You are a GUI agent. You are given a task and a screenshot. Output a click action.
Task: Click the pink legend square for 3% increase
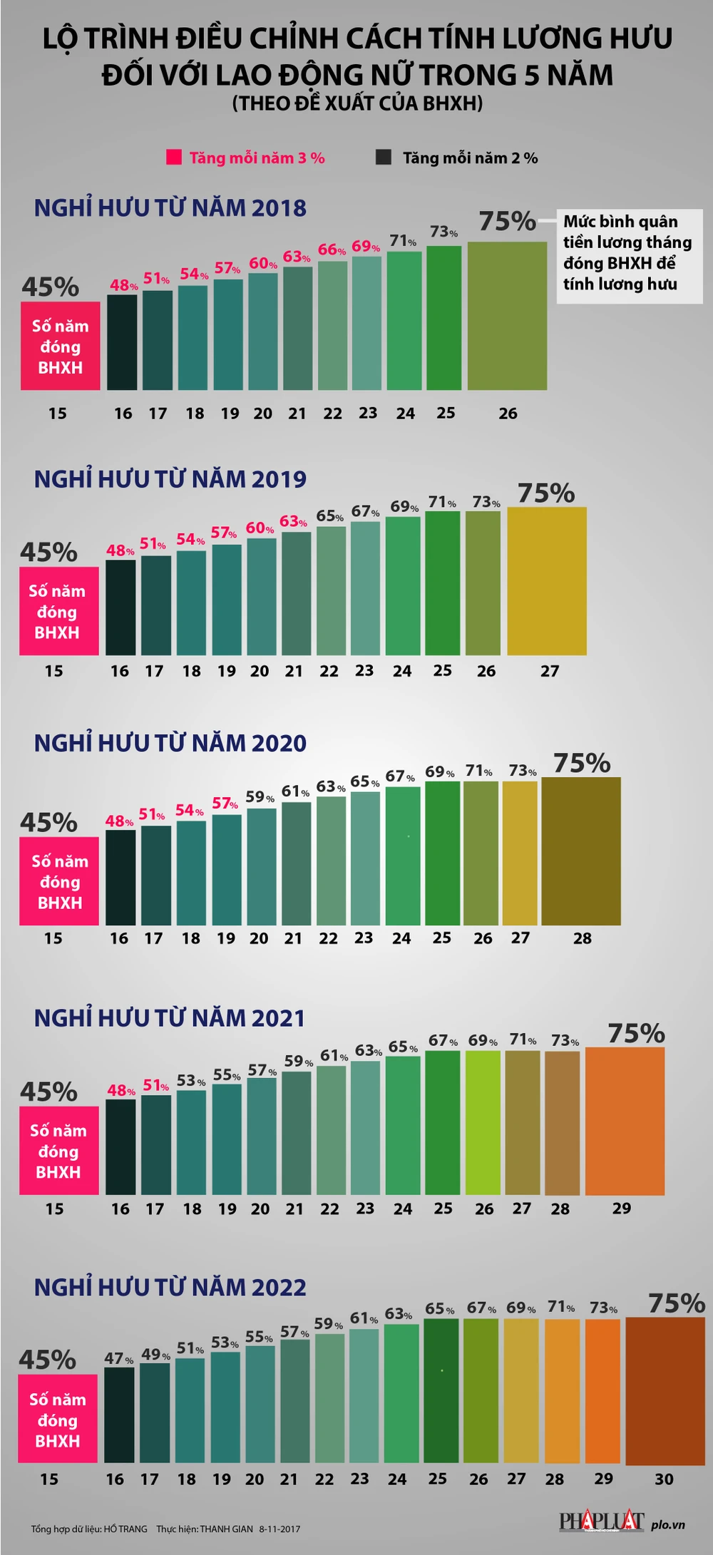point(173,157)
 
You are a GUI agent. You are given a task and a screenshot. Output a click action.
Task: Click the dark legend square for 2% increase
point(384,157)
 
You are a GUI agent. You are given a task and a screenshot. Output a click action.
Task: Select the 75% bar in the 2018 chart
point(507,316)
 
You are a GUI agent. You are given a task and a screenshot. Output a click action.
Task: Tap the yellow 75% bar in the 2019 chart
point(547,581)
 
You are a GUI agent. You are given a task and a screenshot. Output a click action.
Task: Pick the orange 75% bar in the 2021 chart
point(625,1121)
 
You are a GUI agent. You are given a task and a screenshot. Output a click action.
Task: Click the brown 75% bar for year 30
point(665,1390)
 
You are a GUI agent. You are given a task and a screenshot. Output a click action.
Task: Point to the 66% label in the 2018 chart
point(332,250)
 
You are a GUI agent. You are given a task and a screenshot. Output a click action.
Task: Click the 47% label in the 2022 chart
point(118,1358)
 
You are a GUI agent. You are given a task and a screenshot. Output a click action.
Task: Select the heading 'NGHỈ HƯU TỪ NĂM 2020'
point(170,743)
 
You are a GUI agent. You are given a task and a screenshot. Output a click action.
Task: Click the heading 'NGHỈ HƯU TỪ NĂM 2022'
point(170,1287)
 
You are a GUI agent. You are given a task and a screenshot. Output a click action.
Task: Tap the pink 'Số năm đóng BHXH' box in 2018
point(60,347)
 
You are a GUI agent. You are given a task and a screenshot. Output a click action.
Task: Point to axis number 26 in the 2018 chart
point(508,414)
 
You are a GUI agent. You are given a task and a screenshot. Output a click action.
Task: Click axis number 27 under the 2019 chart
point(550,671)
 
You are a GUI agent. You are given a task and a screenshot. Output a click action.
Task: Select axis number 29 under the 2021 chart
point(622,1208)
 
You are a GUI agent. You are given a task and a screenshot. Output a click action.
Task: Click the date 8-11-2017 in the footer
point(279,1529)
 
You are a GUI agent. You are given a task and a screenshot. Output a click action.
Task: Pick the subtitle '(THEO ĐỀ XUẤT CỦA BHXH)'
point(357,104)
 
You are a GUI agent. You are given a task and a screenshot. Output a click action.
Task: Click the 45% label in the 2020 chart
point(49,822)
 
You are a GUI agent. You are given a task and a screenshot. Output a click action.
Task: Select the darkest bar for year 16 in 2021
point(120,1147)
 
